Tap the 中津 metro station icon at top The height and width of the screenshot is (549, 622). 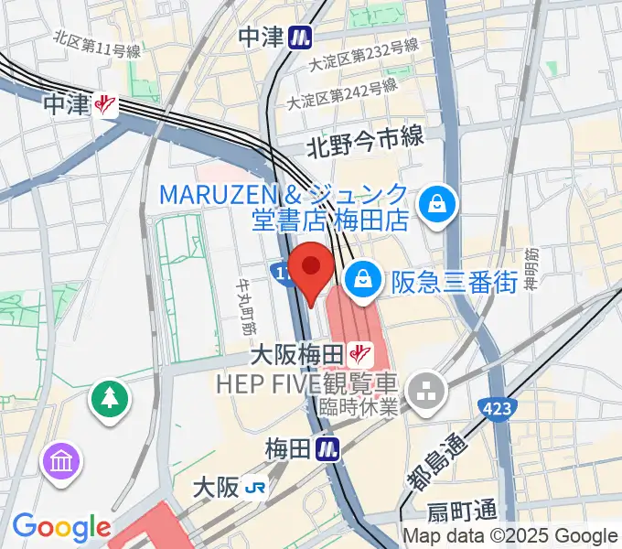pyautogui.click(x=298, y=37)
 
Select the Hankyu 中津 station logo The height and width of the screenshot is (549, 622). pyautogui.click(x=107, y=105)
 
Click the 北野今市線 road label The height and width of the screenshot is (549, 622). pyautogui.click(x=365, y=138)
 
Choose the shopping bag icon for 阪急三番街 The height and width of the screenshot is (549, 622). pyautogui.click(x=364, y=278)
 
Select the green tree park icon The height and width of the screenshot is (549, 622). pyautogui.click(x=110, y=398)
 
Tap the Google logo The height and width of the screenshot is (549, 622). pyautogui.click(x=61, y=527)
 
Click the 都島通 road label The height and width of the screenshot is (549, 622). pyautogui.click(x=433, y=462)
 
